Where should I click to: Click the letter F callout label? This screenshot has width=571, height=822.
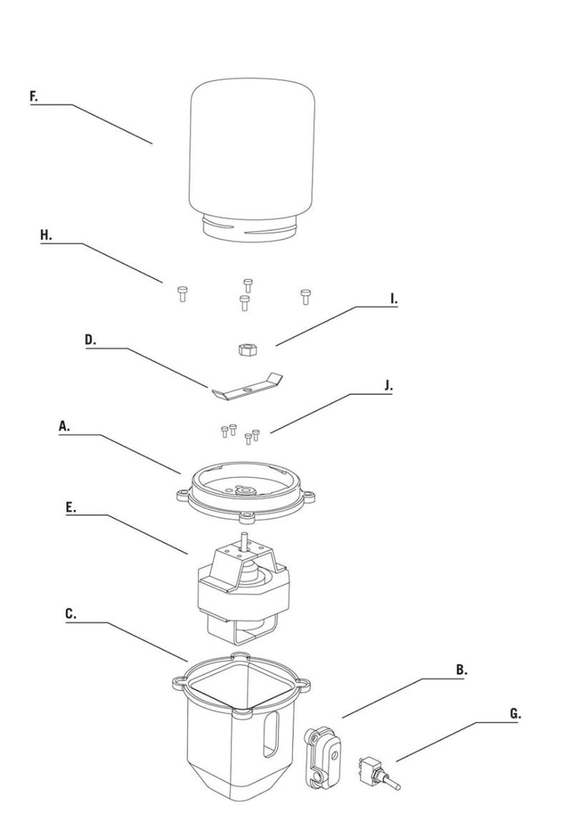click(x=34, y=96)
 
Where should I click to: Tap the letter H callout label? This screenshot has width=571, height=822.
click(x=46, y=235)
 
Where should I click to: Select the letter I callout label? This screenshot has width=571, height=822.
click(x=394, y=299)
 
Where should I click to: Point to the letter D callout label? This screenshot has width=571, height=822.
click(x=90, y=340)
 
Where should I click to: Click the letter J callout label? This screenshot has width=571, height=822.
click(x=389, y=386)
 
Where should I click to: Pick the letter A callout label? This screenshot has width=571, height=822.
click(x=64, y=426)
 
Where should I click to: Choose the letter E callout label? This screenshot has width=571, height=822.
click(x=71, y=508)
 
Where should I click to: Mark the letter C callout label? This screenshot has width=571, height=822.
click(x=71, y=613)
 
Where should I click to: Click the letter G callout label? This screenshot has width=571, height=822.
click(x=515, y=713)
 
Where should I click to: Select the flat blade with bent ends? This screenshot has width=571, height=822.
click(x=248, y=387)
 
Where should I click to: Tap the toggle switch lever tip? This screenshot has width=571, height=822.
click(x=399, y=785)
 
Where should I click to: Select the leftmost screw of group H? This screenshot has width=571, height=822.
click(x=182, y=294)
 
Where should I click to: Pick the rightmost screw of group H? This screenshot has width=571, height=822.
click(x=305, y=297)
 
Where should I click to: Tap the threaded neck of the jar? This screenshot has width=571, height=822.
click(x=249, y=228)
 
